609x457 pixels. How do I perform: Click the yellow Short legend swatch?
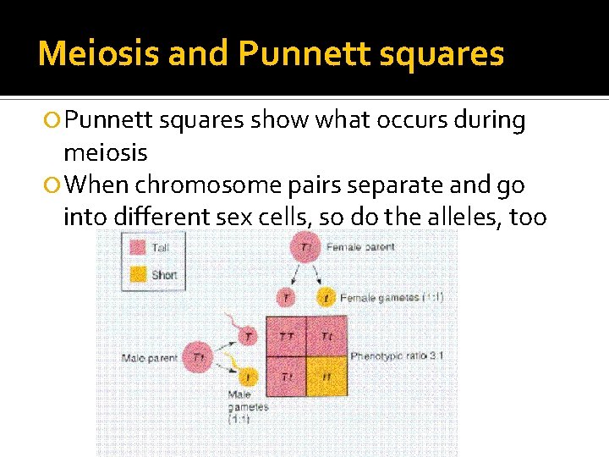tap(136, 274)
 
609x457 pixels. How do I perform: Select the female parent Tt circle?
tap(305, 247)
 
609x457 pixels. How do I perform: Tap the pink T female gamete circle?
tap(286, 298)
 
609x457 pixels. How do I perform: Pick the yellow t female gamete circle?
tap(326, 298)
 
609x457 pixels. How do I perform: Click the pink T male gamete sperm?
tap(248, 337)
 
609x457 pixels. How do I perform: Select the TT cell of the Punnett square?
tap(286, 337)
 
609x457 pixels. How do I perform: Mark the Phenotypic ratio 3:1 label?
tap(397, 356)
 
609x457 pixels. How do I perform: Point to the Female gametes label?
tap(380, 298)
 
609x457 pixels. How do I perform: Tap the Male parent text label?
tap(150, 358)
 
